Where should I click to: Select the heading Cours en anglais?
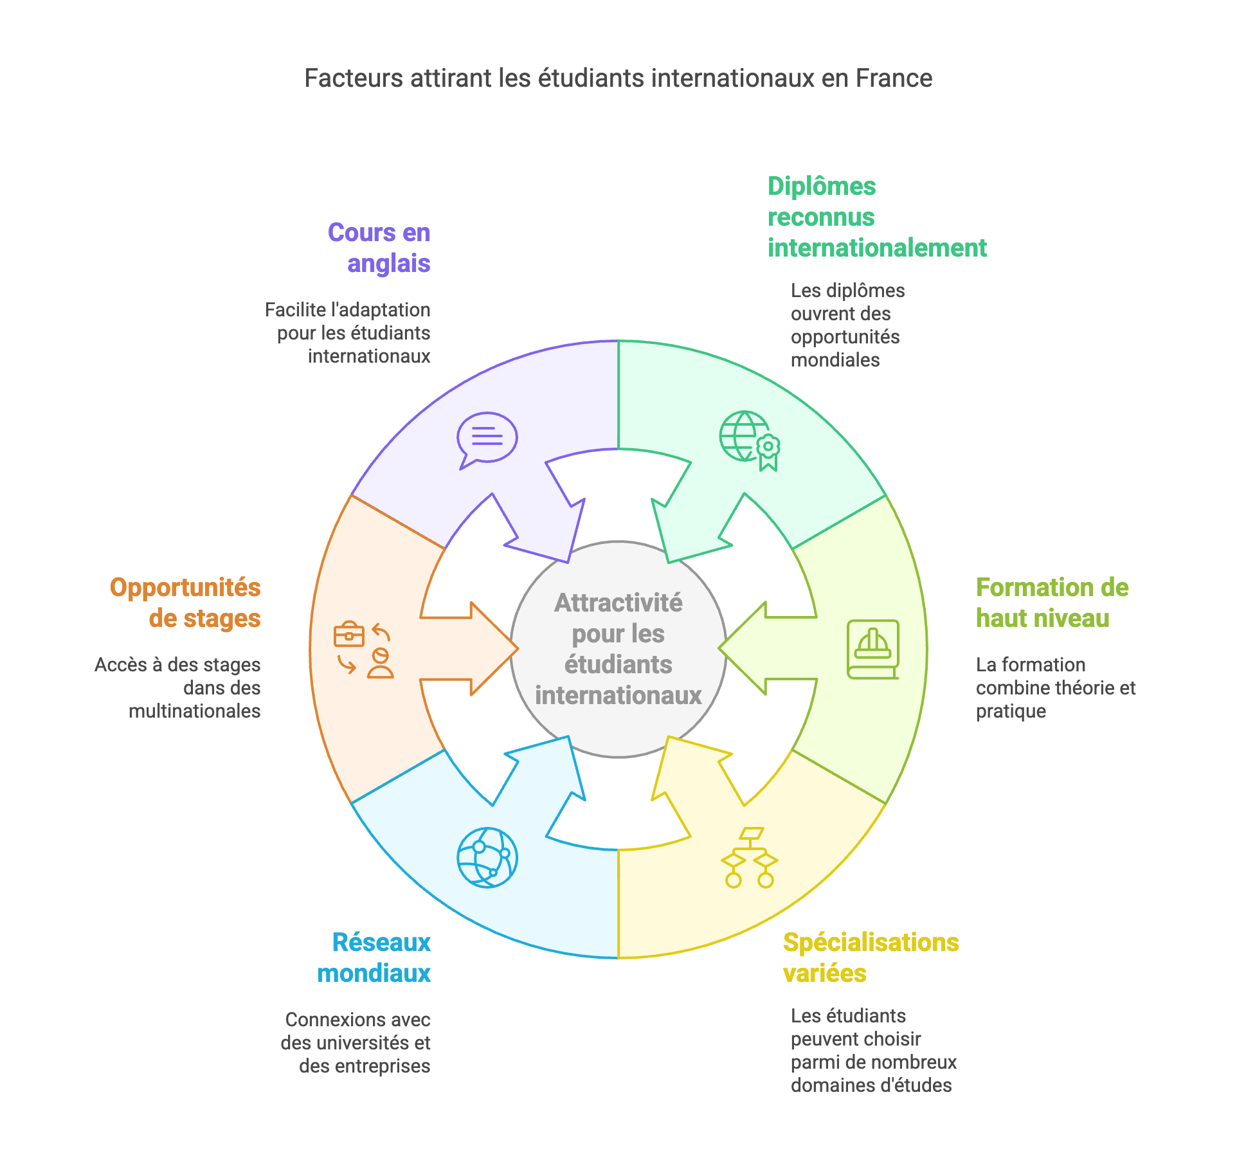tap(379, 248)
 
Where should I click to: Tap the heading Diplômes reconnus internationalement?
tap(876, 217)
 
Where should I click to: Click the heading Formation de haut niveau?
tap(1052, 603)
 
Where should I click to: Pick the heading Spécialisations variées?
tap(871, 958)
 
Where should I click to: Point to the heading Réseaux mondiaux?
tap(374, 958)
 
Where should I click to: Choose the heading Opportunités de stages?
tap(185, 603)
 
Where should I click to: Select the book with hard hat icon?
tap(872, 649)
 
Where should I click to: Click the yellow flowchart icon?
tap(750, 858)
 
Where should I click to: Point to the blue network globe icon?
tap(487, 858)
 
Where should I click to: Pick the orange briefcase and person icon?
tap(364, 649)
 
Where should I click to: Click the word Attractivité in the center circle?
tap(618, 603)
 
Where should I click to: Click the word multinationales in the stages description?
tap(194, 711)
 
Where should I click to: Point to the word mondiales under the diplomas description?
tap(835, 360)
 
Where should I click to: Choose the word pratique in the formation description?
tap(1011, 711)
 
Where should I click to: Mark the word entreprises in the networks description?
tap(365, 1066)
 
